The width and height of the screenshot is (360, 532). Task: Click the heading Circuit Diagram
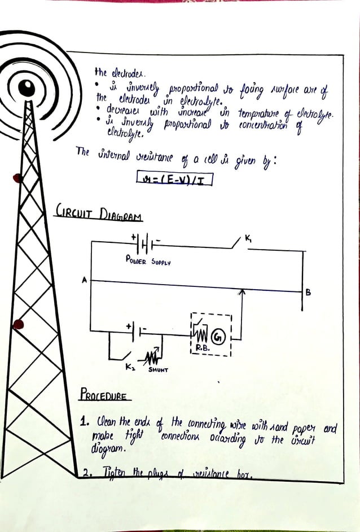click(98, 215)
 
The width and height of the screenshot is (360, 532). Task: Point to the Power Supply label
click(148, 262)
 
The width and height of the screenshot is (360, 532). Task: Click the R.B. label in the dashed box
click(203, 348)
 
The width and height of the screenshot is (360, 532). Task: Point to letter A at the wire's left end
click(84, 280)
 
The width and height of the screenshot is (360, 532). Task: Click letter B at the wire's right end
click(308, 292)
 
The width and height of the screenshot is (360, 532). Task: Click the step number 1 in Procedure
click(83, 421)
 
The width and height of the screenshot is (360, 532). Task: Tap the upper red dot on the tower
click(17, 178)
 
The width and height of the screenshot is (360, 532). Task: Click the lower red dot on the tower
click(18, 324)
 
